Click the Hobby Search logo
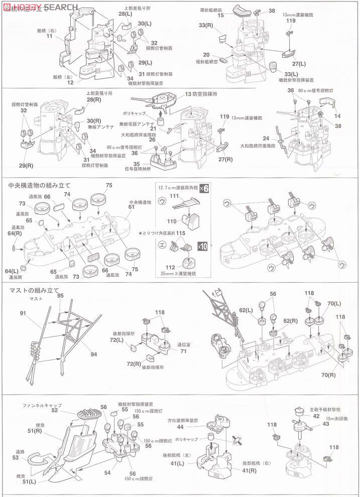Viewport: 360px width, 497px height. point(40,7)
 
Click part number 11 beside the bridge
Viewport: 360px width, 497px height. point(49,36)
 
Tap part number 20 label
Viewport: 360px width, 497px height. point(206,55)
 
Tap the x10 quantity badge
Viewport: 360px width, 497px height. point(203,246)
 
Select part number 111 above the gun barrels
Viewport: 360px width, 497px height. point(174,196)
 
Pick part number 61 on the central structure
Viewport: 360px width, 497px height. point(131,207)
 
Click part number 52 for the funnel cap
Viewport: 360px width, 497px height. point(54,410)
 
